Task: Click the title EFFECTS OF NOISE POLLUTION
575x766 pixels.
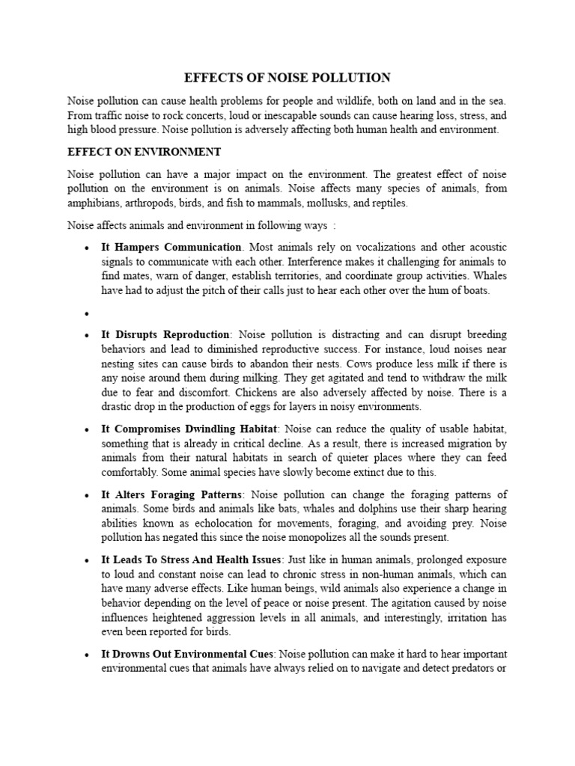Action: [x=287, y=78]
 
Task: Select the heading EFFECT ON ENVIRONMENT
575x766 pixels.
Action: [x=144, y=152]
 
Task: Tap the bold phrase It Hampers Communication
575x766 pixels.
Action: [x=171, y=247]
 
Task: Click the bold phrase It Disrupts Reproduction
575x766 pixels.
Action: [x=165, y=334]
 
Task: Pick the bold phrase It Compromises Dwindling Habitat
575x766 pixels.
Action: [x=189, y=429]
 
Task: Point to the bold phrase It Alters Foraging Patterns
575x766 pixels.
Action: [x=171, y=494]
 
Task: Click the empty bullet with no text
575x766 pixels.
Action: [x=88, y=313]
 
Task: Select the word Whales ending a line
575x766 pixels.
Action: [x=489, y=276]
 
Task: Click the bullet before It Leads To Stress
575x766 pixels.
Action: [x=88, y=560]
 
